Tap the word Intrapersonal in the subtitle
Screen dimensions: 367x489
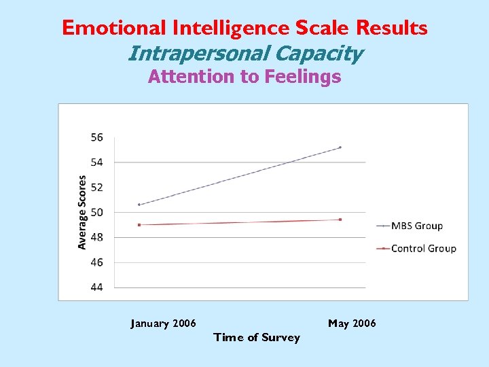tap(185, 52)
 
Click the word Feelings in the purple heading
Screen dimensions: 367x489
tap(302, 77)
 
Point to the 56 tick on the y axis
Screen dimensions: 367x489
tap(96, 137)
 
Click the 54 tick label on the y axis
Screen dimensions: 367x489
tap(96, 162)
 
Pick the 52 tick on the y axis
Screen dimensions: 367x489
tap(96, 188)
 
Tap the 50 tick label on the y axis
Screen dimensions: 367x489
tap(96, 213)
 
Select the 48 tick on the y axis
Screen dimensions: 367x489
tap(96, 237)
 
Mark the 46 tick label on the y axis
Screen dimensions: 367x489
tap(96, 262)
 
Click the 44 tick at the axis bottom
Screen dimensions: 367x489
tap(96, 287)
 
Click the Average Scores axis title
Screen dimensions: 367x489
tap(82, 212)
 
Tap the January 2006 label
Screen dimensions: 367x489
tap(163, 324)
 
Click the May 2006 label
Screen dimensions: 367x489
tap(352, 324)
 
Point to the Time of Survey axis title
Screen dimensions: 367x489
tap(257, 338)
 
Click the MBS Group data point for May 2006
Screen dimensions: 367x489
tap(340, 147)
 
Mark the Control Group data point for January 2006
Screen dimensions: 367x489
tap(139, 225)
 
